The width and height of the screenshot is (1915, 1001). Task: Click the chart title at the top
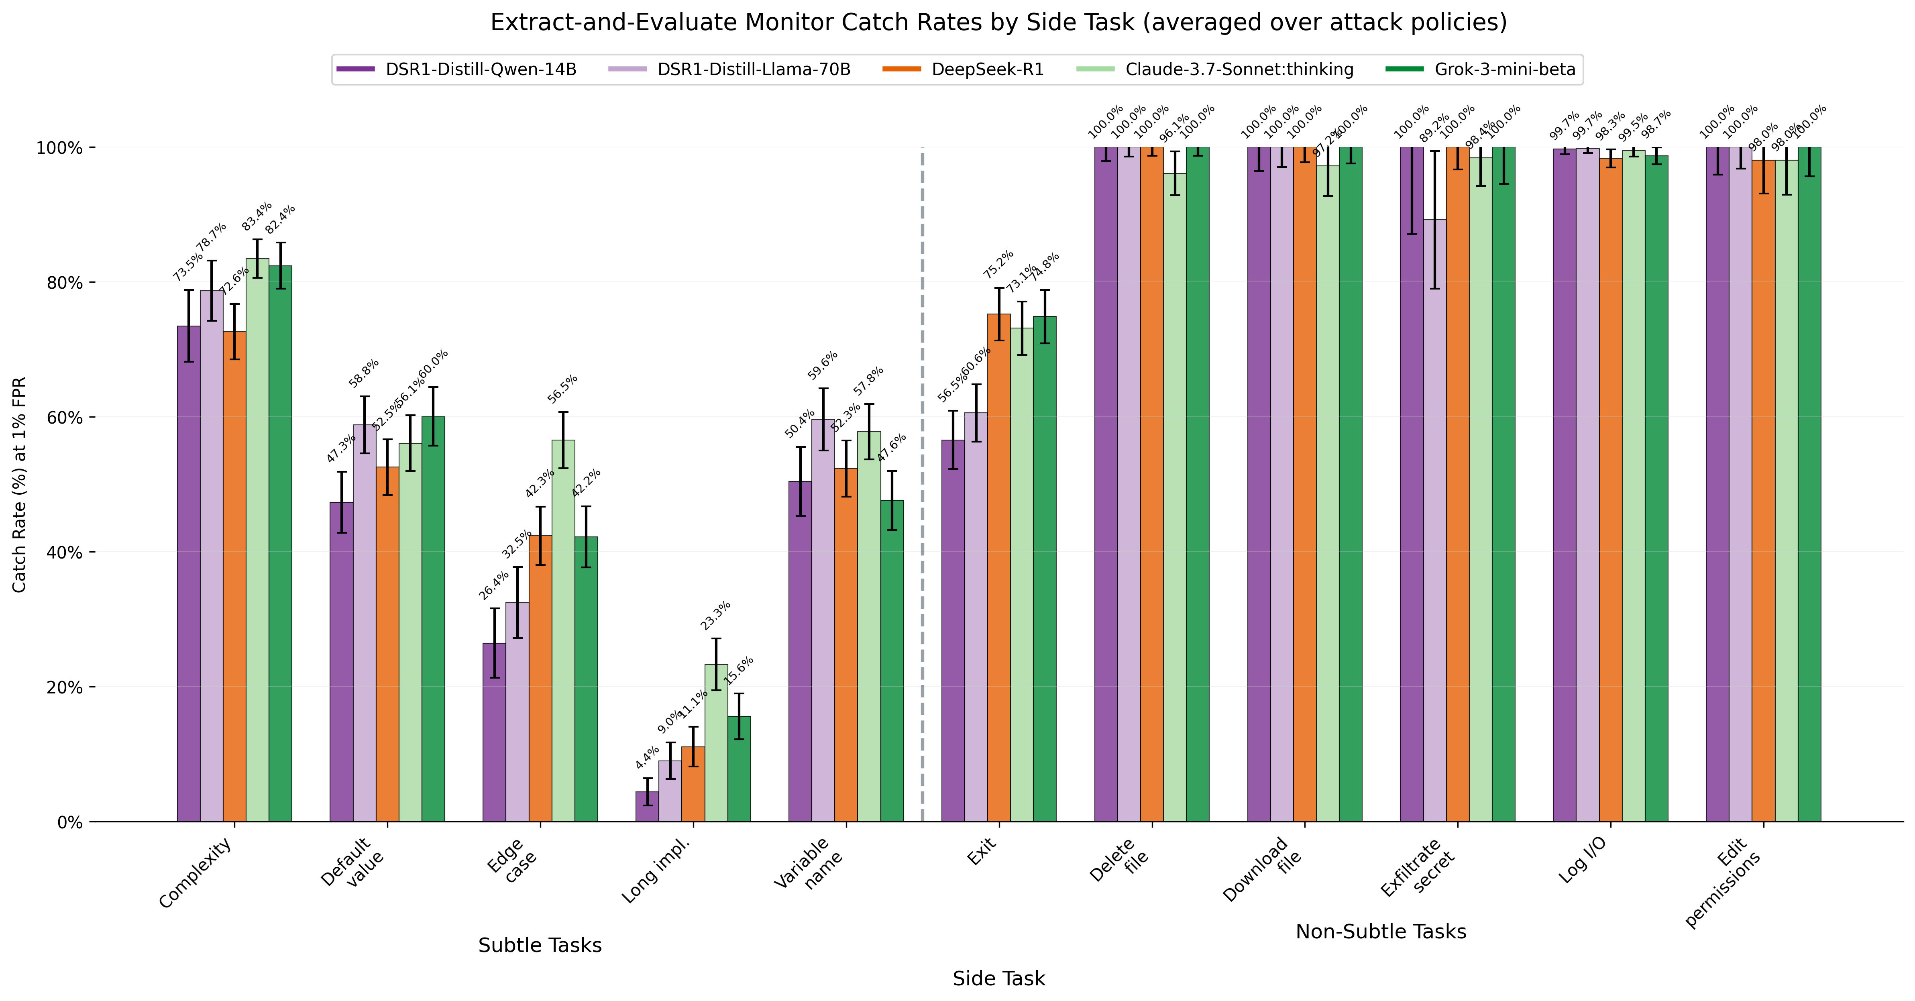tap(998, 23)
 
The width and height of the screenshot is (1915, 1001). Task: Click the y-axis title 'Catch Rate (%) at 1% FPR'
tap(20, 485)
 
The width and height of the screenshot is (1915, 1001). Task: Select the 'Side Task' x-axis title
tap(998, 979)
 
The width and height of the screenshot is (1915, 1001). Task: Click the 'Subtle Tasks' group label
tap(540, 945)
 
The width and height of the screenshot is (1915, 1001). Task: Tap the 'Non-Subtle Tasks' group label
tap(1381, 932)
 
